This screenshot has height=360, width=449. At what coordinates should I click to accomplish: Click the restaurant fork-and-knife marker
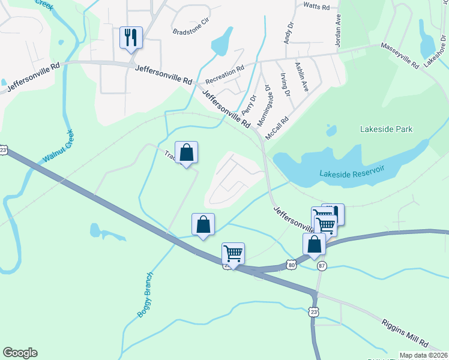(131, 38)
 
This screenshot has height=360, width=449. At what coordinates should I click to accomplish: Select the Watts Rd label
(317, 7)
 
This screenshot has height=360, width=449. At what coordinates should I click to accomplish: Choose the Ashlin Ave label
(301, 76)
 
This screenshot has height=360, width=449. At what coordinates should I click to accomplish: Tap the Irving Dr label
(285, 85)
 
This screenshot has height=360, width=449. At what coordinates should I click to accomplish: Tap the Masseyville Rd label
(399, 56)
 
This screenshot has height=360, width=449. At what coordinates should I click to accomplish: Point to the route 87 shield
(322, 266)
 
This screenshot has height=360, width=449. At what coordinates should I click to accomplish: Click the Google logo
(20, 353)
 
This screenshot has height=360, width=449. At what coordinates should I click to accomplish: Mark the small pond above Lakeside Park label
(330, 130)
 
